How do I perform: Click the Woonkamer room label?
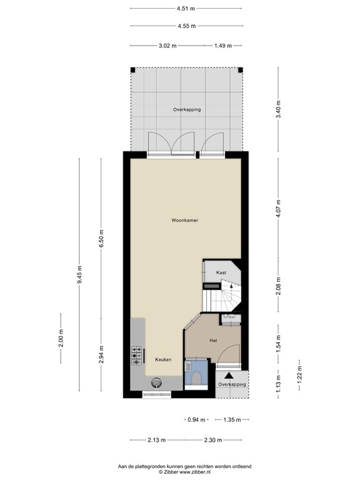[x=186, y=220]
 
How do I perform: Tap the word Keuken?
[x=163, y=359]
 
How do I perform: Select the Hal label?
[x=212, y=340]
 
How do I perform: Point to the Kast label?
[x=221, y=273]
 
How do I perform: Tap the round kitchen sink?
[x=156, y=382]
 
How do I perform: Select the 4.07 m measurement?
[x=279, y=207]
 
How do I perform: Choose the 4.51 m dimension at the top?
[x=186, y=9]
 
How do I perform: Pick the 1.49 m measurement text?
[x=223, y=46]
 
